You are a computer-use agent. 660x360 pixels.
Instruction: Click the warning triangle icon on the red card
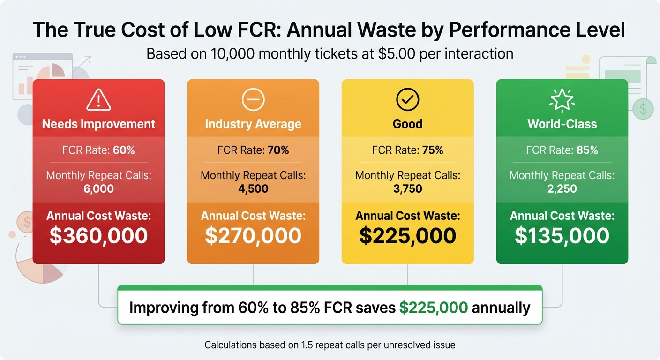tap(98, 99)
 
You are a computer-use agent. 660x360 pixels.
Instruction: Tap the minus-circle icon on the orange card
tap(253, 99)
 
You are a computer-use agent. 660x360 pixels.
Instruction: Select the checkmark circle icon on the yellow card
tap(407, 99)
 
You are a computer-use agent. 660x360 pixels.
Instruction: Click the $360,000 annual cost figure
tap(98, 236)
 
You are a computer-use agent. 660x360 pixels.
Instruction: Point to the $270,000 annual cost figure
tap(253, 236)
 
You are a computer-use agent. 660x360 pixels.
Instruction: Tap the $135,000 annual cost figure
tap(562, 236)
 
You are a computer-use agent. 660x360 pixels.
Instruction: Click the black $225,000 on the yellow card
tap(407, 236)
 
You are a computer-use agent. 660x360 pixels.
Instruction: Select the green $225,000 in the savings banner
tap(434, 308)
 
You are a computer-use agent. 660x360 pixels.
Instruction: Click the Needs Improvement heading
tap(98, 124)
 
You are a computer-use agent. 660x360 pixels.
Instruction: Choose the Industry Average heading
tap(253, 124)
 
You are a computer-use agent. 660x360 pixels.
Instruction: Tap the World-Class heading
tap(562, 124)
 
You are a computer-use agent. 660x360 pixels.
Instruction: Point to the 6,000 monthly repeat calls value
tap(98, 188)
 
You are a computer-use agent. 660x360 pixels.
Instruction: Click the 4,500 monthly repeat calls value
tap(253, 188)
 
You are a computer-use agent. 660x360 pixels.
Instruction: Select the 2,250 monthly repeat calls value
tap(562, 188)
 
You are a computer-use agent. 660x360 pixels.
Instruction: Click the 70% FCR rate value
tap(278, 150)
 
